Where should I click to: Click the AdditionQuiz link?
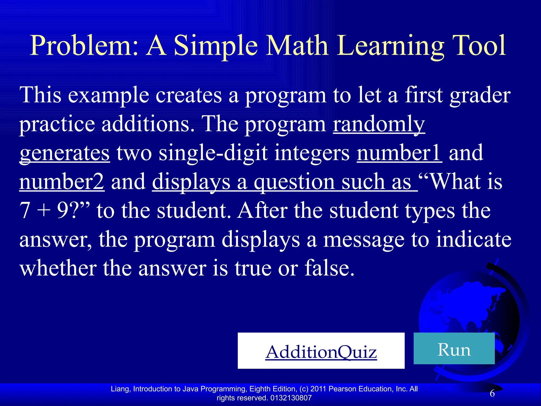click(x=321, y=352)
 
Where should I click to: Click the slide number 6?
click(x=492, y=393)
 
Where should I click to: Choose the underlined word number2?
click(x=62, y=182)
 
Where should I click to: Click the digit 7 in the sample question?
click(x=25, y=211)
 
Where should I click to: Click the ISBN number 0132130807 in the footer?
click(x=291, y=398)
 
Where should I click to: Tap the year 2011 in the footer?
click(x=318, y=389)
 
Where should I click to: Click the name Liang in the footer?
click(x=120, y=389)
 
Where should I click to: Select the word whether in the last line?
click(x=58, y=268)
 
